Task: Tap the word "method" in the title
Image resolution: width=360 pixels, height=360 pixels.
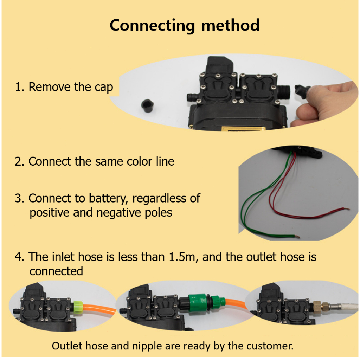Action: (x=230, y=25)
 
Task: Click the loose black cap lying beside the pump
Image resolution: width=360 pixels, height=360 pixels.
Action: (x=147, y=106)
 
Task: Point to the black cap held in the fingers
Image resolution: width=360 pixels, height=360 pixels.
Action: (x=302, y=91)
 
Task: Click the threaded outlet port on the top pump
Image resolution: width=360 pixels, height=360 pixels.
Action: (x=284, y=92)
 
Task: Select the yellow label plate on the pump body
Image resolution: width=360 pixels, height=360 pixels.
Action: (x=243, y=129)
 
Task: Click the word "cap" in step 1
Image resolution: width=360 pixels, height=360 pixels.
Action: (x=104, y=88)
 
